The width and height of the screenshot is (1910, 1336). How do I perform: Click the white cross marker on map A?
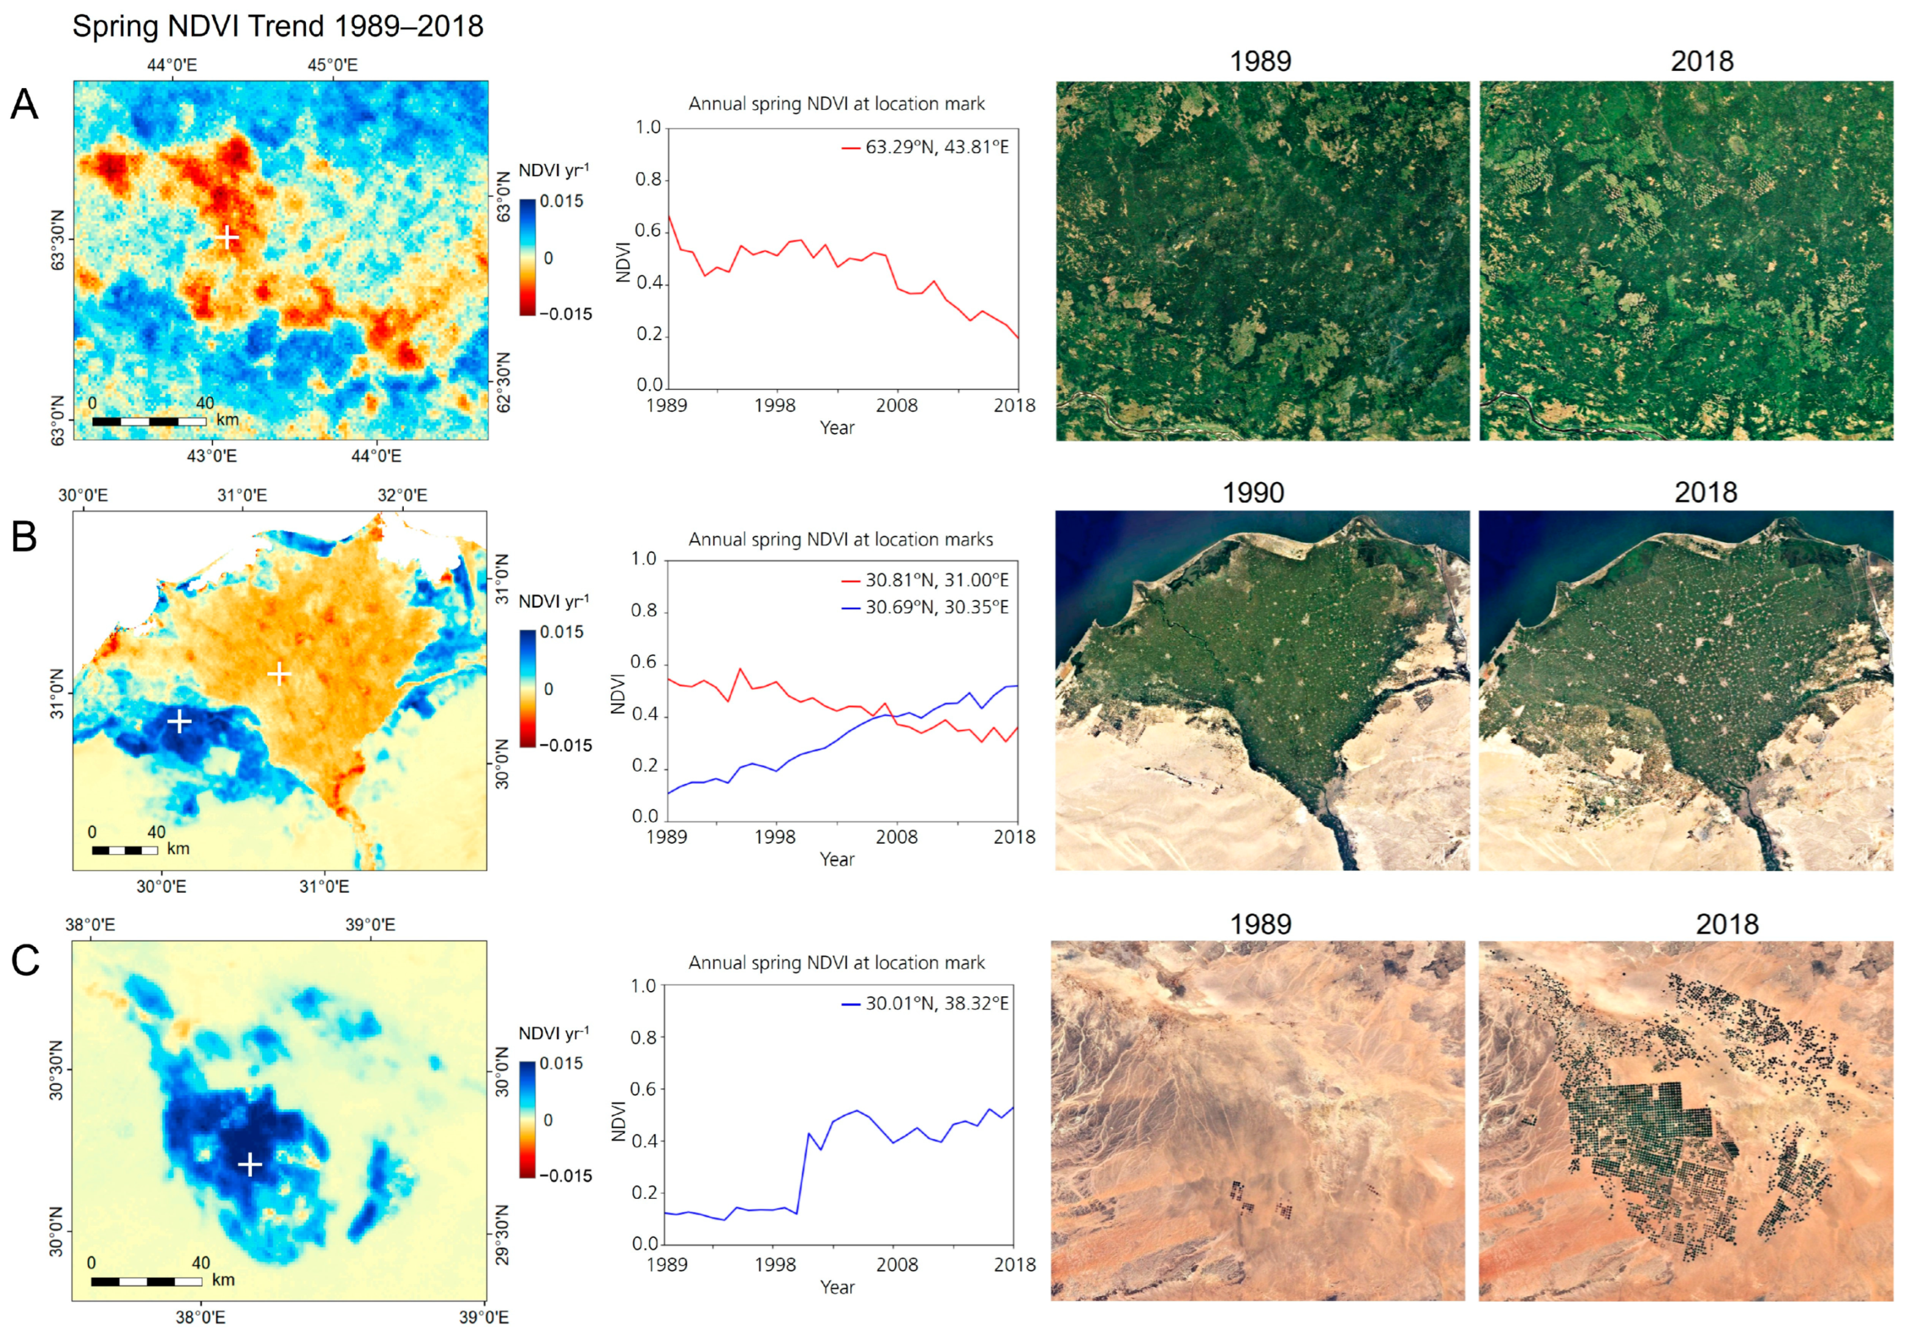226,238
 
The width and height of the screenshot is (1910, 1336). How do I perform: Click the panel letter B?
24,537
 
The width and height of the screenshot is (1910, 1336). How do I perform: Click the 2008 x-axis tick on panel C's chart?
896,1264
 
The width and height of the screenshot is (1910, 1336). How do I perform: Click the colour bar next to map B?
528,688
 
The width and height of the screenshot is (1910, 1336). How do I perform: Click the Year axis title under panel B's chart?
836,859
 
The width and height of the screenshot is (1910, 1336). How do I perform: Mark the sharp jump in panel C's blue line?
803,1173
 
